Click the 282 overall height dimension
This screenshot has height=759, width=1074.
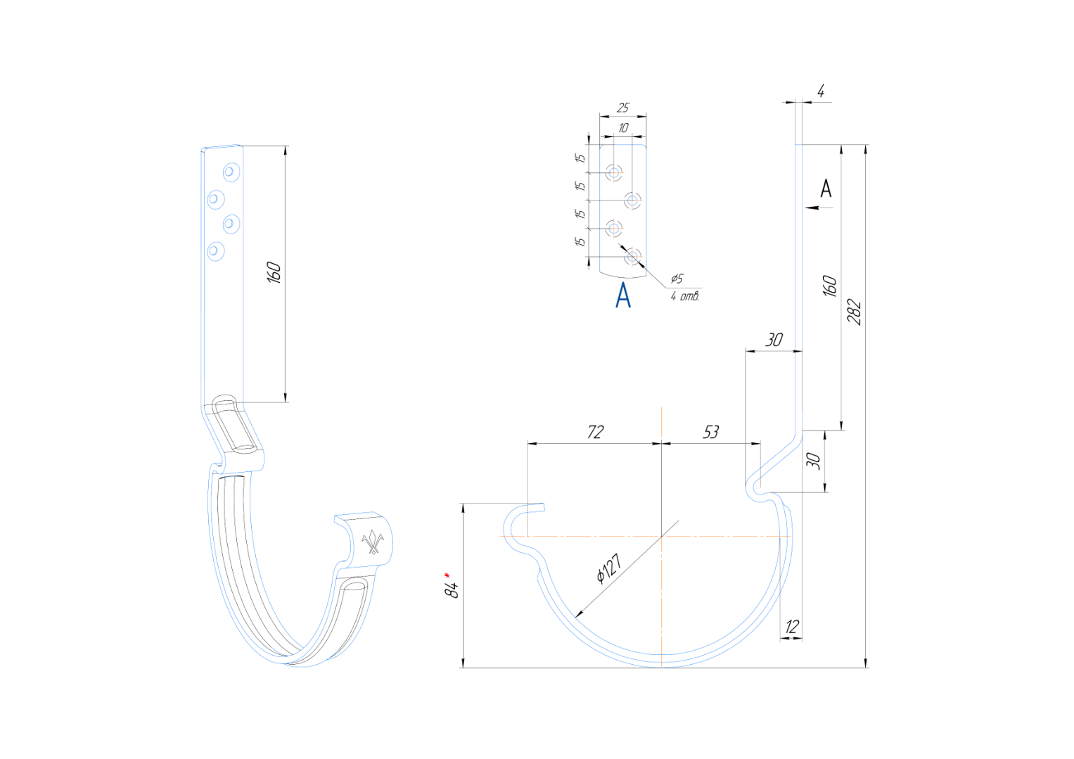[854, 312]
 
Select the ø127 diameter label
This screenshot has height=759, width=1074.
[609, 568]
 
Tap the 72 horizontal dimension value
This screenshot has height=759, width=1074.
[596, 432]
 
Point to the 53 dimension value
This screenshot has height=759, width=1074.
[710, 432]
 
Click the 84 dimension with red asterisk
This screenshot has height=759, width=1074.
[451, 585]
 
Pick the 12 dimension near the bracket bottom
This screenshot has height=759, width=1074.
[791, 626]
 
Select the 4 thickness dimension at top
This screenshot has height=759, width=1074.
[820, 91]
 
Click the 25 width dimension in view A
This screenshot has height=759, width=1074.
[623, 108]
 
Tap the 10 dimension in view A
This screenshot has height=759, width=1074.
[623, 128]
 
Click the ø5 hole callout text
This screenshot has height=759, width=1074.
[677, 278]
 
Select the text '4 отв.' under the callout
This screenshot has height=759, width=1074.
[684, 296]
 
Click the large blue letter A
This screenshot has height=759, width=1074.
[623, 295]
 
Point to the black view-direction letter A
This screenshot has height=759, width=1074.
[826, 188]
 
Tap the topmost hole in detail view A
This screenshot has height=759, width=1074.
[614, 172]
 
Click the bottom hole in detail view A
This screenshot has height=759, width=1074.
[632, 257]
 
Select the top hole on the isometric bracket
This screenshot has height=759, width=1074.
[231, 171]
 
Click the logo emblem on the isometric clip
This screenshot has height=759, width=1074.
[373, 542]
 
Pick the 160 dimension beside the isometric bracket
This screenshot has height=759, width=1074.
[274, 272]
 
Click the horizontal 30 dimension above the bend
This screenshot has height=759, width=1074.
[774, 340]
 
